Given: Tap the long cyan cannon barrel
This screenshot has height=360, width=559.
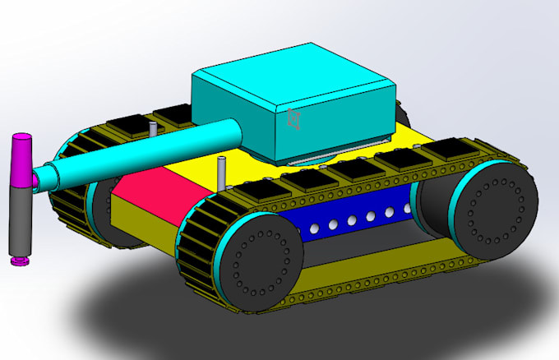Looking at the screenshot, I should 148,152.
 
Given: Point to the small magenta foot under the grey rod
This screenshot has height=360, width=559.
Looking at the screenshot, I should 18,261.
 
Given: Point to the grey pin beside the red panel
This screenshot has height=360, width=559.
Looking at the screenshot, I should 221,173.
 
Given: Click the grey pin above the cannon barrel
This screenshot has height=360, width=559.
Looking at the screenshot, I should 154,131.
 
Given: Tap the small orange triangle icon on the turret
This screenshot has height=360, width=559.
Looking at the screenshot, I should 292,119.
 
